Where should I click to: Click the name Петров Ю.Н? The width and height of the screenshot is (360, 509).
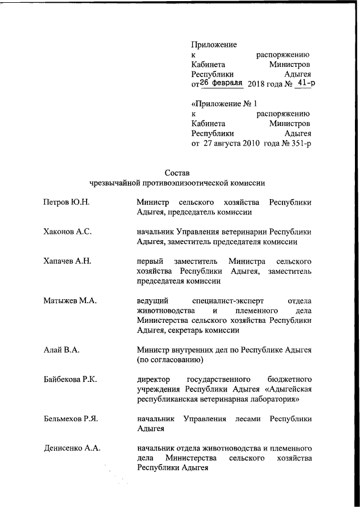pyautogui.click(x=66, y=202)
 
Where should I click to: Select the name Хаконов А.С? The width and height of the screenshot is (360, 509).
pyautogui.click(x=67, y=231)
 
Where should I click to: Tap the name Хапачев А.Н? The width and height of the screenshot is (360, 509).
pyautogui.click(x=67, y=260)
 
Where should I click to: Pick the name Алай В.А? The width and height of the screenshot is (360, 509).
pyautogui.click(x=61, y=350)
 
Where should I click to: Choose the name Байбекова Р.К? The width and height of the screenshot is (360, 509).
pyautogui.click(x=70, y=379)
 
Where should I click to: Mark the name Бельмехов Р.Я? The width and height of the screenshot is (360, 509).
pyautogui.click(x=71, y=418)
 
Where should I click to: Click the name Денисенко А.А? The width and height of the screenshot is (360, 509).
pyautogui.click(x=72, y=448)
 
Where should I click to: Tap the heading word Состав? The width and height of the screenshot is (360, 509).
pyautogui.click(x=178, y=172)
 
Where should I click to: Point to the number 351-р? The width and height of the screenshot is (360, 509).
pyautogui.click(x=298, y=143)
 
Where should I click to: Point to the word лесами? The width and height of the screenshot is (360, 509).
pyautogui.click(x=247, y=418)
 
